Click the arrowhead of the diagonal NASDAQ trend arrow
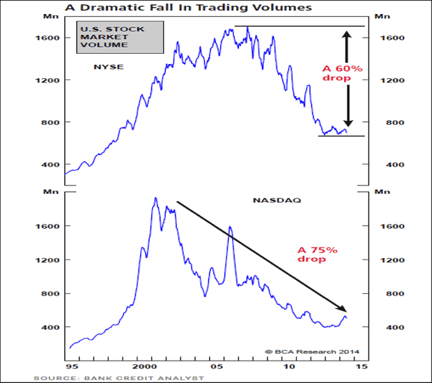[343, 310]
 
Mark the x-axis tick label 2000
[145, 365]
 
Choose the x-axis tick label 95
[71, 365]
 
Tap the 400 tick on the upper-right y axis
[385, 165]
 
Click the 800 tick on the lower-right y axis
[385, 293]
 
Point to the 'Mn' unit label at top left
[50, 15]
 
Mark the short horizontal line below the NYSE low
[341, 135]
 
